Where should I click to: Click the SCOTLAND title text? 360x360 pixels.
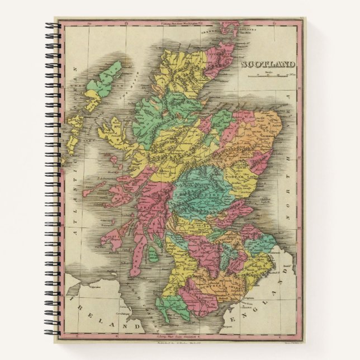268,65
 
